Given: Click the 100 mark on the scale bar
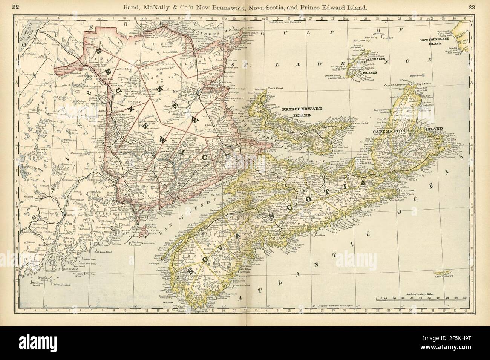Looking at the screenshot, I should coord(465,298).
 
